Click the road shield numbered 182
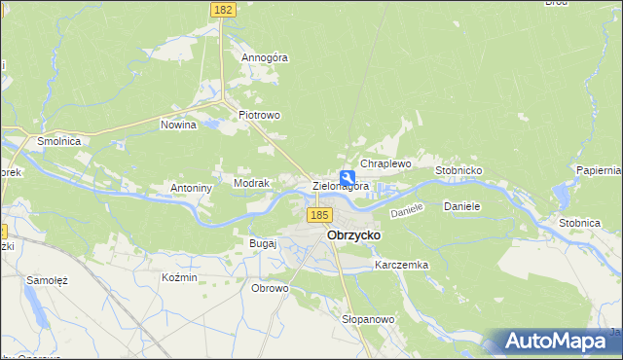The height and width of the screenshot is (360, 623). tap(223, 9)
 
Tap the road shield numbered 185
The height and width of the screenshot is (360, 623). tap(318, 214)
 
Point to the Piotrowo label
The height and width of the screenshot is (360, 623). tap(260, 115)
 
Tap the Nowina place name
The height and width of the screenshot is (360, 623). tap(179, 125)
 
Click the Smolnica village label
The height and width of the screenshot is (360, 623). tap(58, 141)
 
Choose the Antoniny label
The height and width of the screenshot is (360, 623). tap(192, 188)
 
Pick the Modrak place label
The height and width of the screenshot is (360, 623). tap(250, 183)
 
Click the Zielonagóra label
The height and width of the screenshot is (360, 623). tap(341, 186)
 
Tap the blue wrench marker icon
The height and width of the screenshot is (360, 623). tap(347, 178)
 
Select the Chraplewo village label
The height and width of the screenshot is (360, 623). tap(386, 164)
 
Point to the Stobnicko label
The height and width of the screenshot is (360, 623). tap(459, 170)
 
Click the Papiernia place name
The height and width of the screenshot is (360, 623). tap(598, 170)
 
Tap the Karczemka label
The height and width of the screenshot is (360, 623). tap(401, 265)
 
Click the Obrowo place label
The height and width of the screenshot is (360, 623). tap(270, 288)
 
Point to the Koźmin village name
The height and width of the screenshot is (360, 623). tap(179, 277)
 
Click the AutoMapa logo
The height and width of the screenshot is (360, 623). tap(558, 342)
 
